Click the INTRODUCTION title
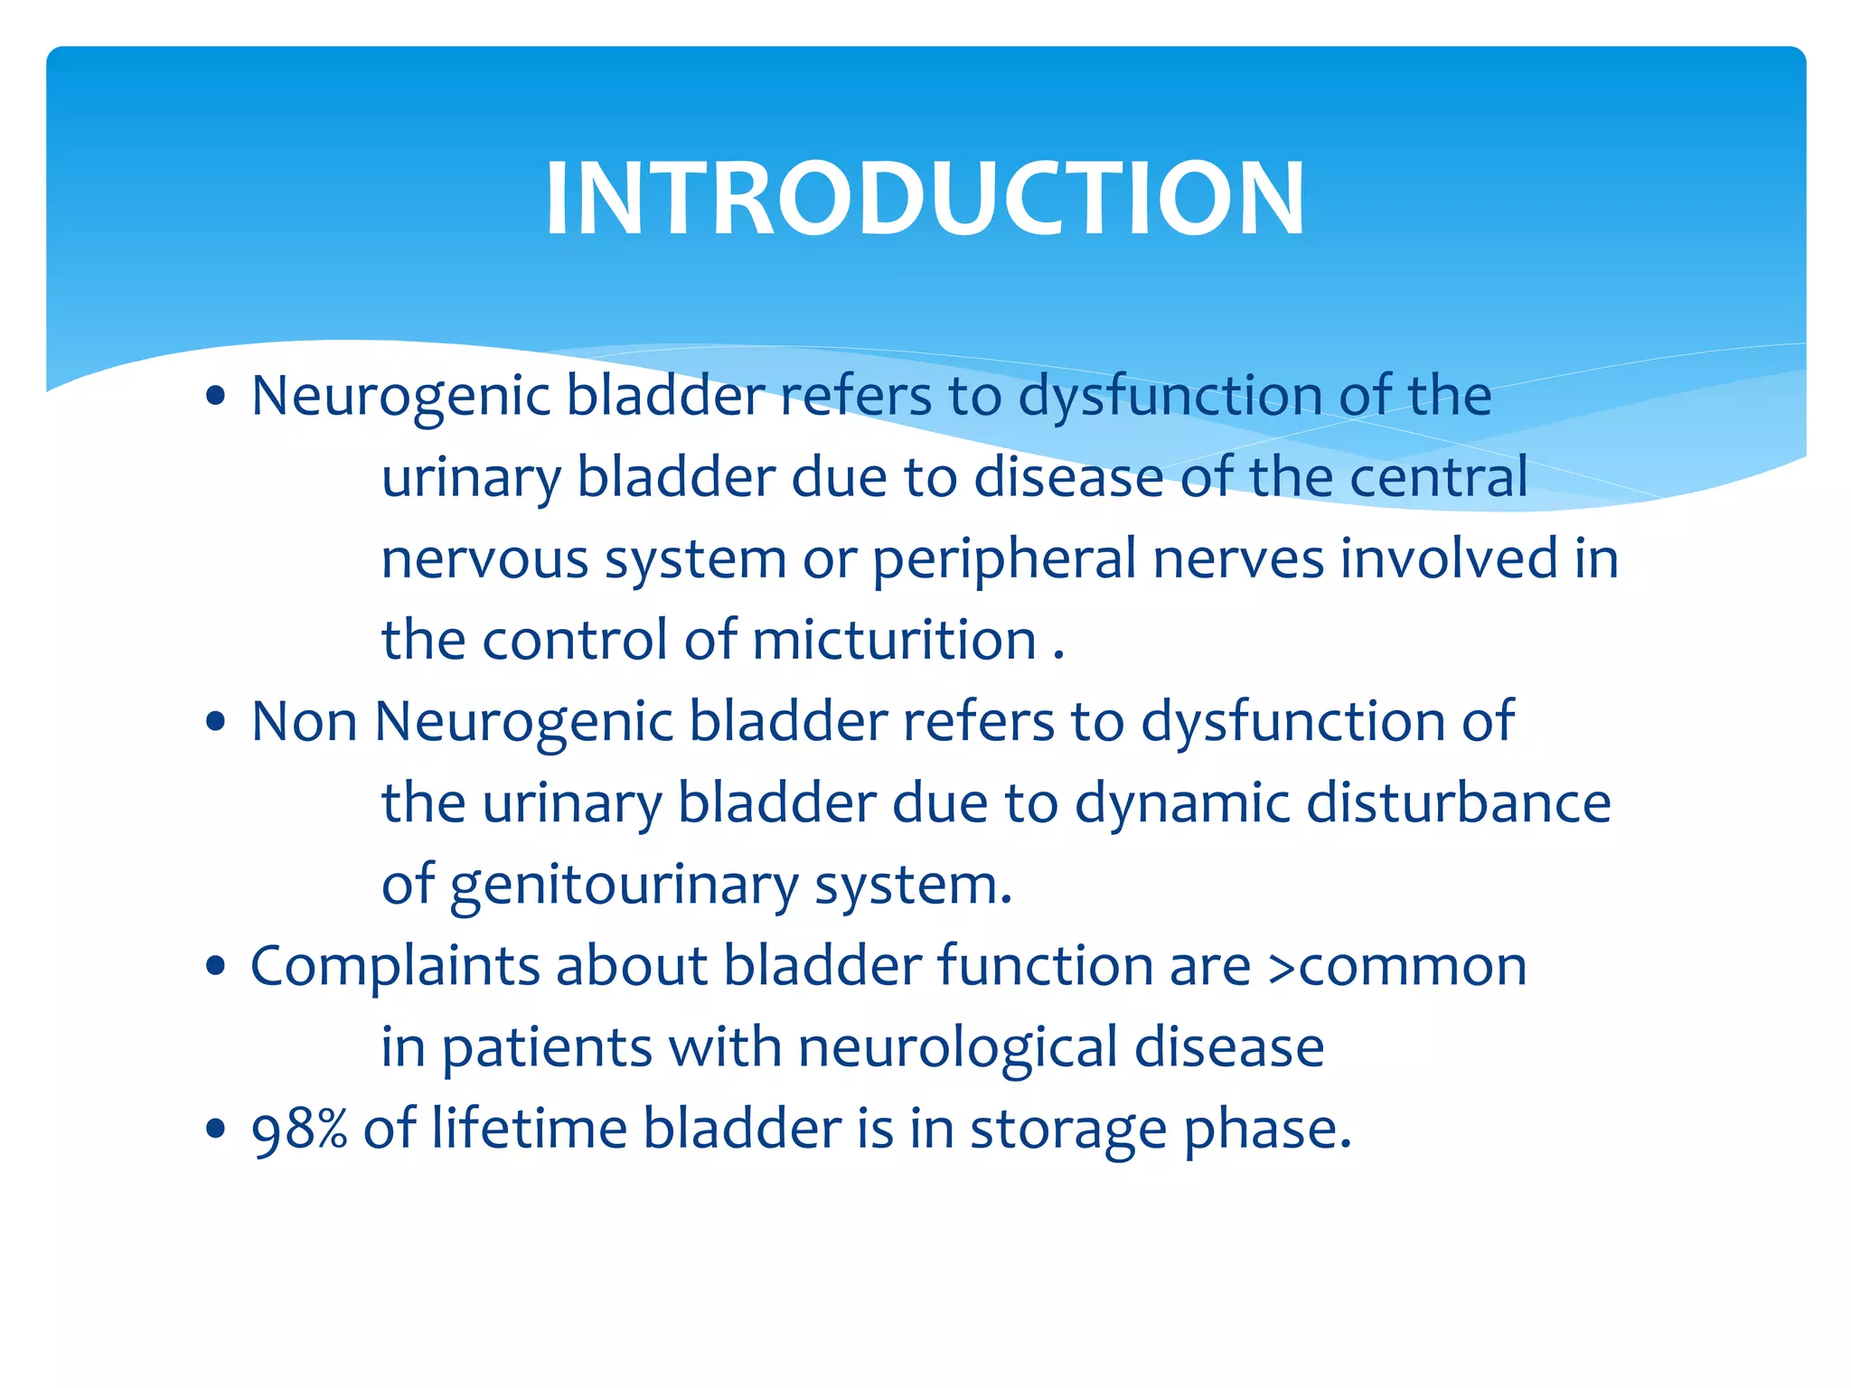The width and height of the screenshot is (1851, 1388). click(x=925, y=198)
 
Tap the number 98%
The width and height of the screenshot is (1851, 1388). click(x=299, y=1130)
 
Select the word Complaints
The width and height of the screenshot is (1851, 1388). click(x=394, y=967)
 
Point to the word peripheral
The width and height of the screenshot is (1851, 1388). click(x=1003, y=560)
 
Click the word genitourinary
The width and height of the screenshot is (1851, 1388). click(x=624, y=886)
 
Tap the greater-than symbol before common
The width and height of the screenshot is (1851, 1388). click(x=1282, y=968)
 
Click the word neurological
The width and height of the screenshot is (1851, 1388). click(x=957, y=1048)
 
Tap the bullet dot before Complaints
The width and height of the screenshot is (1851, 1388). click(x=215, y=967)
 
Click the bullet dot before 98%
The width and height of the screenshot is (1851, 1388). click(x=215, y=1130)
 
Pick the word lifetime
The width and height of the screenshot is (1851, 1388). click(x=529, y=1130)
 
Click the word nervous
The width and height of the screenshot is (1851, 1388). click(x=484, y=560)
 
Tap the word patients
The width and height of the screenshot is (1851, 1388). click(x=547, y=1048)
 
